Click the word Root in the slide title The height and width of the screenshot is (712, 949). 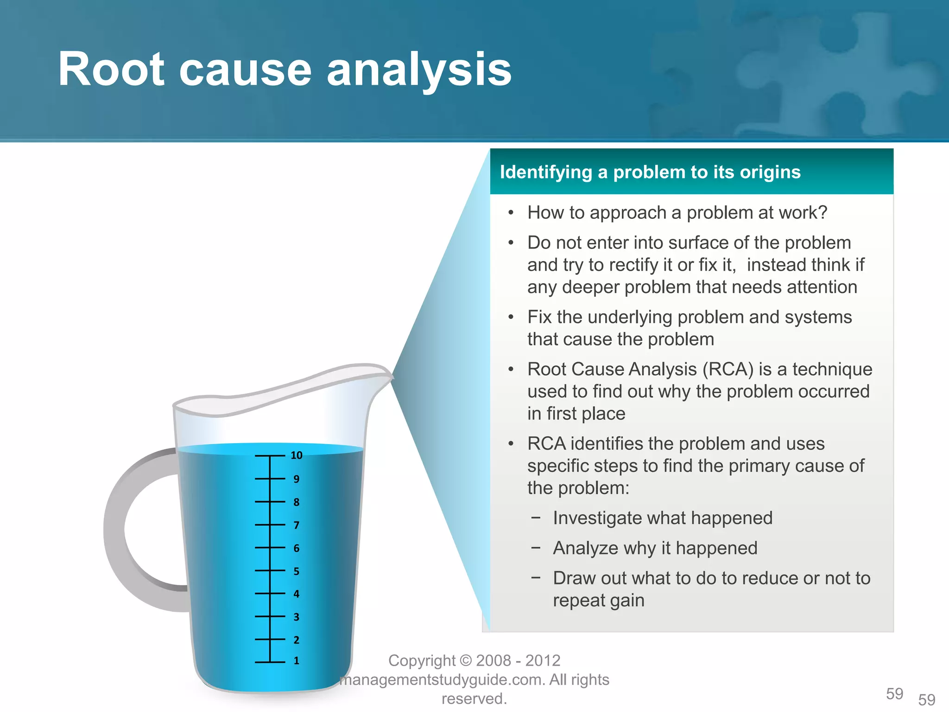[x=111, y=70]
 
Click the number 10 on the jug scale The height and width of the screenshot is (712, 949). [x=297, y=456]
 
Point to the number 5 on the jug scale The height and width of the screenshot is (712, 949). [x=297, y=572]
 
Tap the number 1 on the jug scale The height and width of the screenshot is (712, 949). [x=297, y=661]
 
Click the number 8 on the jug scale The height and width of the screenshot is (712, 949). [x=297, y=502]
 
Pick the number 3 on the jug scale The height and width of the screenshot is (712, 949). [x=297, y=617]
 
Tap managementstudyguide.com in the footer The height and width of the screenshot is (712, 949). [x=443, y=680]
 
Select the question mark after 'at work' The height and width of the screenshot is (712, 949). [x=822, y=213]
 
